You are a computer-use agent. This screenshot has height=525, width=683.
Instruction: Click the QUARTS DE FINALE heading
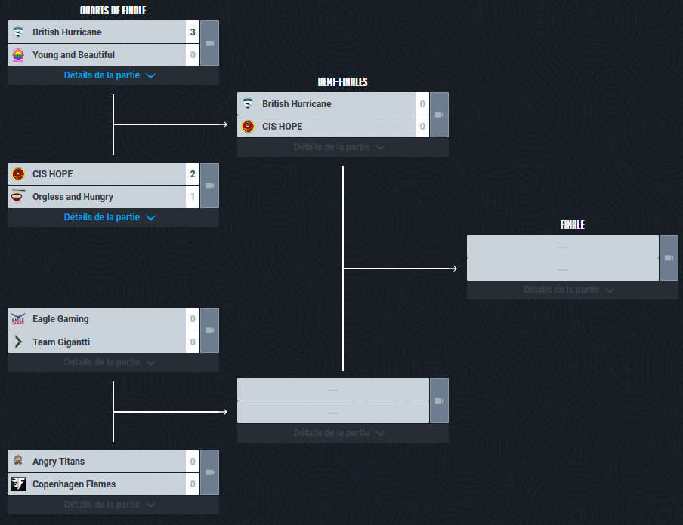(113, 11)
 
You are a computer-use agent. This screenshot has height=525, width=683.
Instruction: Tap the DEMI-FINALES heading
(342, 81)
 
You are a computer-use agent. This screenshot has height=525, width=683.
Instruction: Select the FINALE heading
(572, 225)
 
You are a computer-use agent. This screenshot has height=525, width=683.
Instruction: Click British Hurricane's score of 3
(193, 32)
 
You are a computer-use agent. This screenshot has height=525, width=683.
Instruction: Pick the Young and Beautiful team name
(73, 55)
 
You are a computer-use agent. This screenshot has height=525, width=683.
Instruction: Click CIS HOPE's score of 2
(193, 174)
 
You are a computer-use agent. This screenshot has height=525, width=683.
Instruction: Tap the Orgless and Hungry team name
(73, 197)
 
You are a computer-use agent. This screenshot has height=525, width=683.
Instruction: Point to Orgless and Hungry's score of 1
(193, 197)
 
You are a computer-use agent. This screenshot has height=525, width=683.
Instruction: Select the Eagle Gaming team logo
(18, 319)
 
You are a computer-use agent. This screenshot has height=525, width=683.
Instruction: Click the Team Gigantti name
(61, 342)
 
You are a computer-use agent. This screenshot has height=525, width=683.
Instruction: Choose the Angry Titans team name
(58, 462)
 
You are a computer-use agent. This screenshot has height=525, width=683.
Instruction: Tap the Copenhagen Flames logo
(18, 484)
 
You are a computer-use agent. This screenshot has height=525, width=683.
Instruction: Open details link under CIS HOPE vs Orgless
(109, 217)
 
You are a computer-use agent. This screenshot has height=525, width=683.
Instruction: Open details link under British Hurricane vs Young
(109, 75)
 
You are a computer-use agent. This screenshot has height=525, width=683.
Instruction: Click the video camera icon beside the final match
(669, 258)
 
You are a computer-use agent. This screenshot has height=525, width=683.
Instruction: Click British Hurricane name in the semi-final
(296, 104)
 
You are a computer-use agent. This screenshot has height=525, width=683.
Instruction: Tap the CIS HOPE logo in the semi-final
(248, 127)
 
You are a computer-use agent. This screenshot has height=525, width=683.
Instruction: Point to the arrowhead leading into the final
(455, 268)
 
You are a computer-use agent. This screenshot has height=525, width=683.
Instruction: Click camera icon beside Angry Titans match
(209, 472)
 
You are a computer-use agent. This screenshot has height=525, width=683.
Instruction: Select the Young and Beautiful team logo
(18, 55)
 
